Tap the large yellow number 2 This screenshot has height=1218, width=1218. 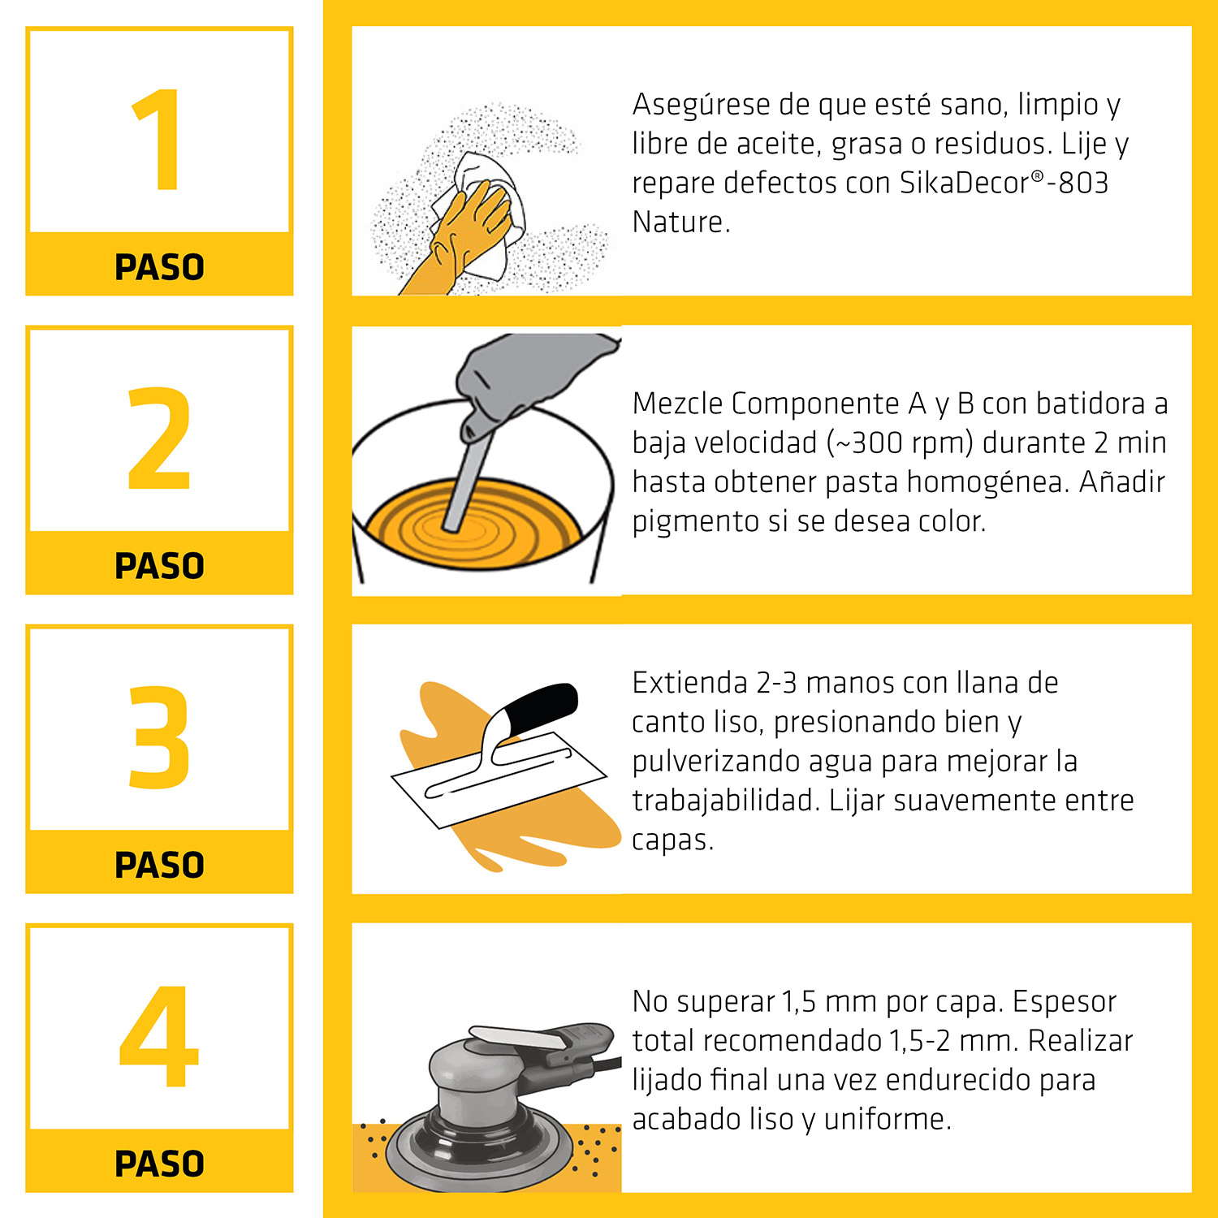point(159,438)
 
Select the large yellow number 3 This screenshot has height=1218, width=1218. point(159,737)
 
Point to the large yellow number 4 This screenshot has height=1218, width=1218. point(159,1036)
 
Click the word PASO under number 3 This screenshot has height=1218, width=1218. point(159,865)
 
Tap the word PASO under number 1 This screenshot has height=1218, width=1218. point(159,267)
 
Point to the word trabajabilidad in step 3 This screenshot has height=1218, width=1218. point(726,801)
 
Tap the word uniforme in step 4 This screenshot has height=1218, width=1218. point(888,1119)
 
